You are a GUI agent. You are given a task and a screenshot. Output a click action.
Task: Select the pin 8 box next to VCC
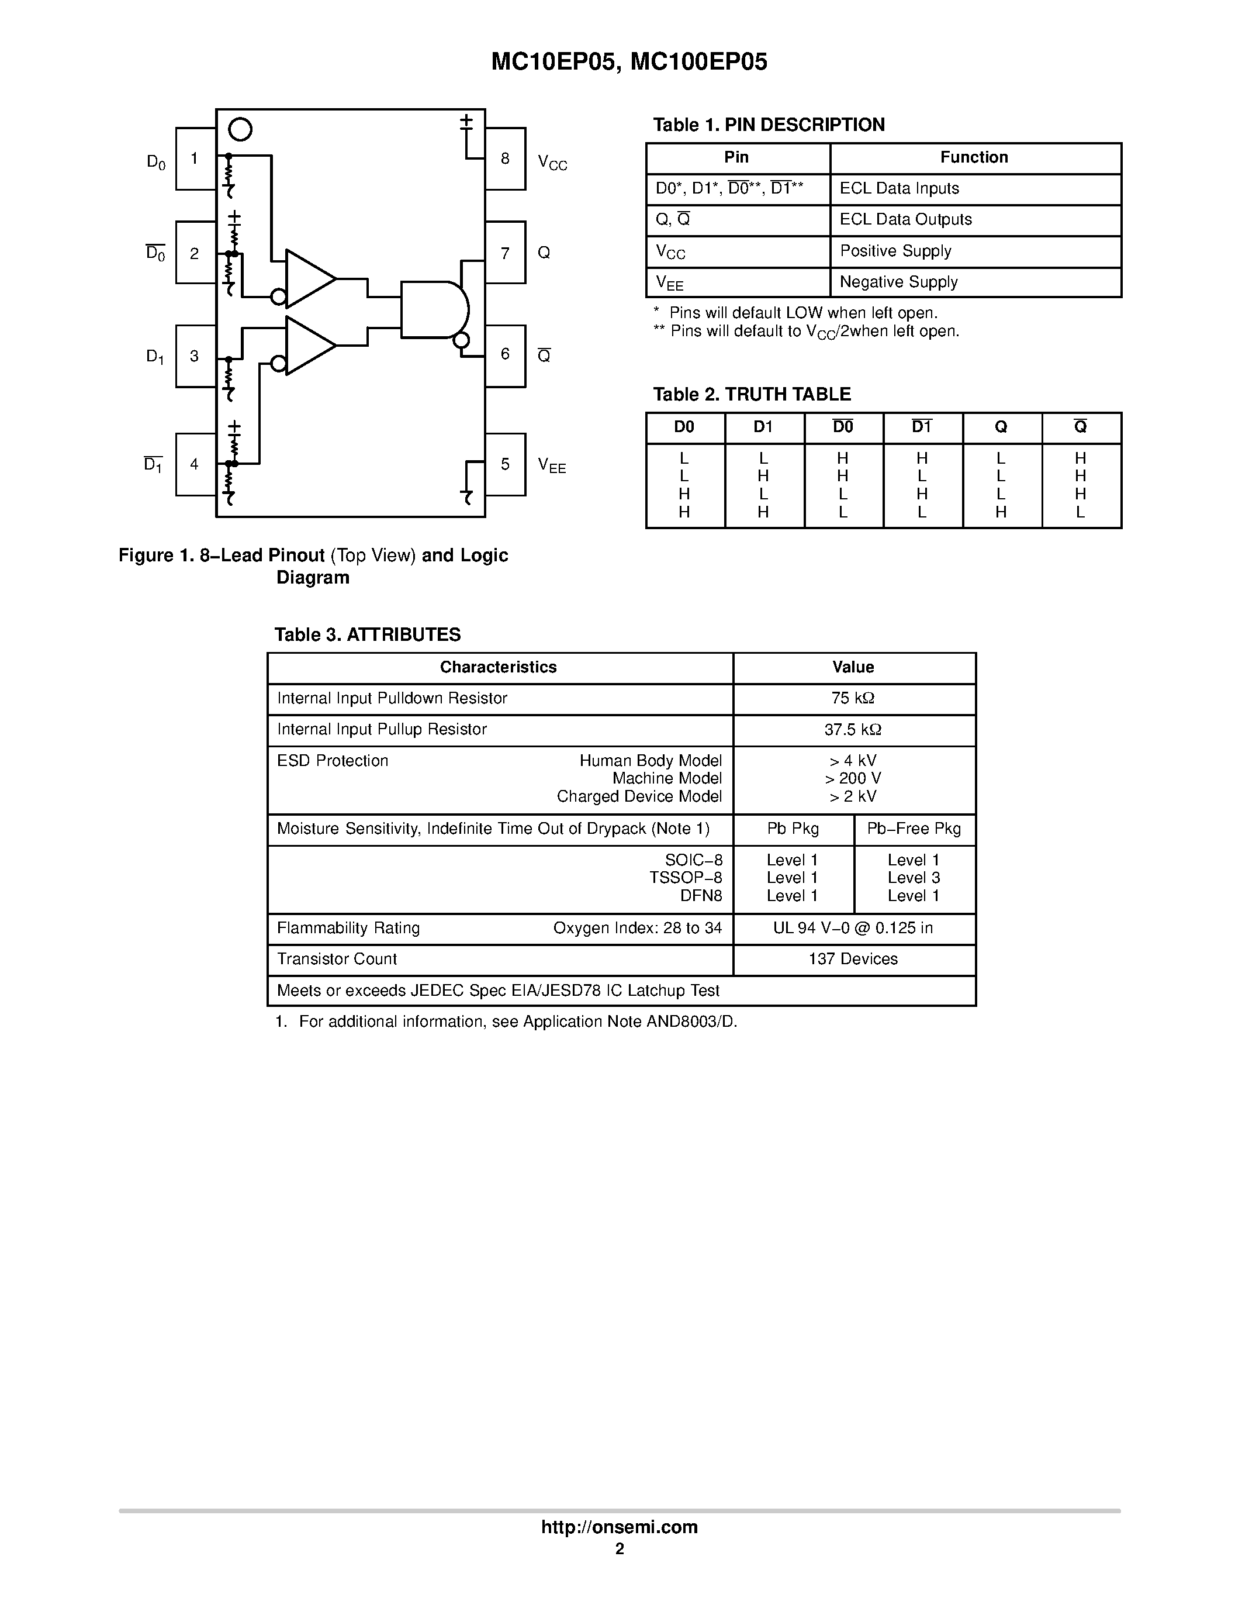[506, 159]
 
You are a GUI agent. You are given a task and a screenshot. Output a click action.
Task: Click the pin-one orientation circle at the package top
[240, 130]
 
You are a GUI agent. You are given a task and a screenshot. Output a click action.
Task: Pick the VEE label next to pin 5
[552, 465]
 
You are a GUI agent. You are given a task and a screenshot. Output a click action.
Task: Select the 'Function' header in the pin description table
[974, 157]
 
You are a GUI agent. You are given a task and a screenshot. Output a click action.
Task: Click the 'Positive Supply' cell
[895, 251]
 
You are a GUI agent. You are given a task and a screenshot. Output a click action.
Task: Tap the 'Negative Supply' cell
[898, 282]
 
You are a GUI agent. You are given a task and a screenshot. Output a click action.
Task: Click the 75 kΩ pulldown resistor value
[853, 698]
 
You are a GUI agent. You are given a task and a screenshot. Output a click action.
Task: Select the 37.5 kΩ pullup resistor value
[853, 730]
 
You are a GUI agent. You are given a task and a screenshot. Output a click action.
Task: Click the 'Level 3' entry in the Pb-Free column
[913, 878]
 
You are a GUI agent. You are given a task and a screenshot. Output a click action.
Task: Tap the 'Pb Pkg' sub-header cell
[793, 829]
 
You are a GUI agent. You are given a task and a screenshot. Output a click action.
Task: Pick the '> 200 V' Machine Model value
[853, 778]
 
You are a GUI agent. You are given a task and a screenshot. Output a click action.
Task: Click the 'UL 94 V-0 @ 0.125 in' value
[853, 929]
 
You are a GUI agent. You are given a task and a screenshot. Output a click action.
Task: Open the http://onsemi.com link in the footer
[620, 1527]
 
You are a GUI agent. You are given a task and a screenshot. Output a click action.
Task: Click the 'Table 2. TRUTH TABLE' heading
[752, 395]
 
